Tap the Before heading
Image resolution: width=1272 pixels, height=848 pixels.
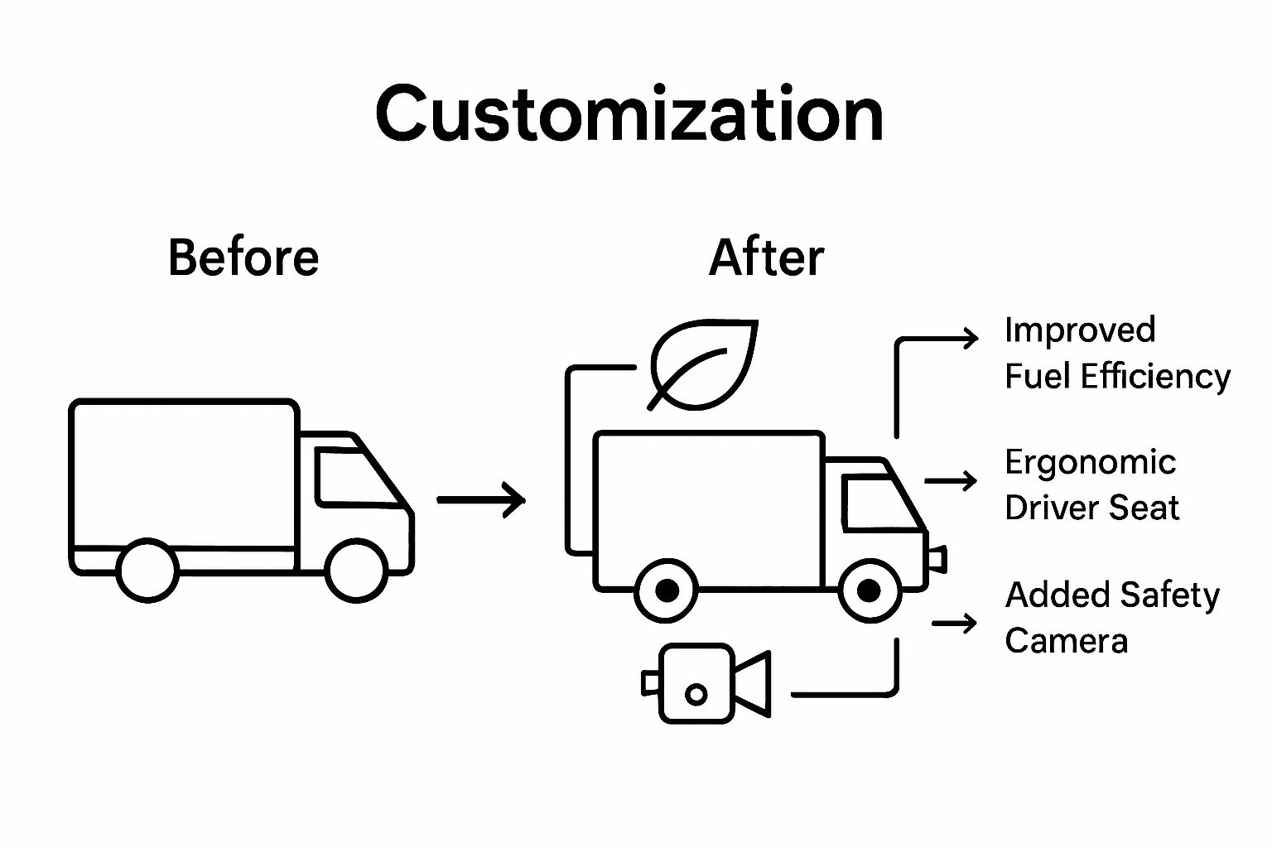(243, 258)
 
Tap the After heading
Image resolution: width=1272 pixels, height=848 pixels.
(767, 258)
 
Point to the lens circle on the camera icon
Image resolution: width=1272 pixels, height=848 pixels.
(696, 694)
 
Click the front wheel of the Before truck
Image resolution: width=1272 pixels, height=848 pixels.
(356, 570)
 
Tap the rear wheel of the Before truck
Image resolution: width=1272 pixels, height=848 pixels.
(147, 570)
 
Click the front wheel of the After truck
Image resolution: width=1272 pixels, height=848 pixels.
(869, 590)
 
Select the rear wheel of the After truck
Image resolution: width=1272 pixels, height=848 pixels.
(667, 590)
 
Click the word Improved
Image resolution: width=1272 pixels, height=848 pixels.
(1080, 330)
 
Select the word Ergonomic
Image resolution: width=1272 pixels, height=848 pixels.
(1090, 462)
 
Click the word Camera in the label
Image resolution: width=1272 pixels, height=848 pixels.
(1067, 641)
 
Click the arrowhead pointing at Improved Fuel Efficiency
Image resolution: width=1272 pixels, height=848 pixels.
(971, 338)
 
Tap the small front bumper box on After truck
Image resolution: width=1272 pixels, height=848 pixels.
(937, 560)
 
